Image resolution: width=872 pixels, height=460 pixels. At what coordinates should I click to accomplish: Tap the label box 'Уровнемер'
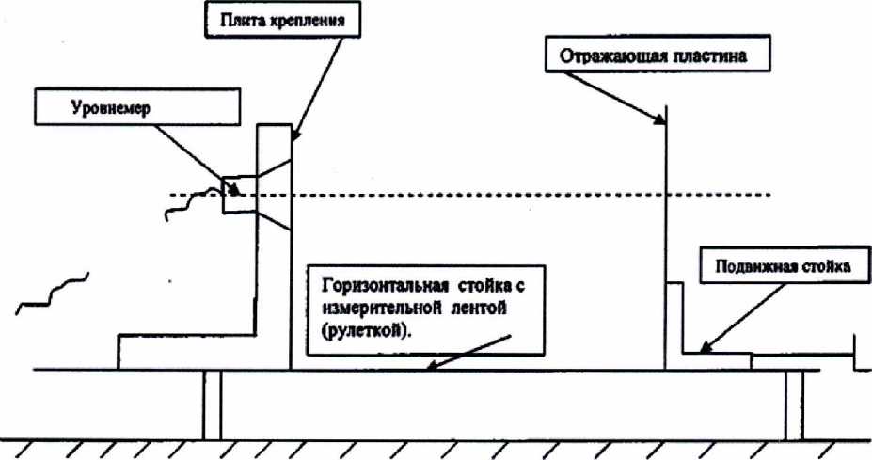[x=113, y=107]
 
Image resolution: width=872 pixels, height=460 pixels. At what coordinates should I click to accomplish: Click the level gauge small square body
[x=231, y=195]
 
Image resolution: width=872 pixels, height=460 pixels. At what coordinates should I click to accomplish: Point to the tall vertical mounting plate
[x=275, y=245]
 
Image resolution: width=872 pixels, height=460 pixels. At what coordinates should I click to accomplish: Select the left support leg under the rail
[x=212, y=404]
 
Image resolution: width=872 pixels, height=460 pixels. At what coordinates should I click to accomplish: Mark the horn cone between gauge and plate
[x=268, y=195]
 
